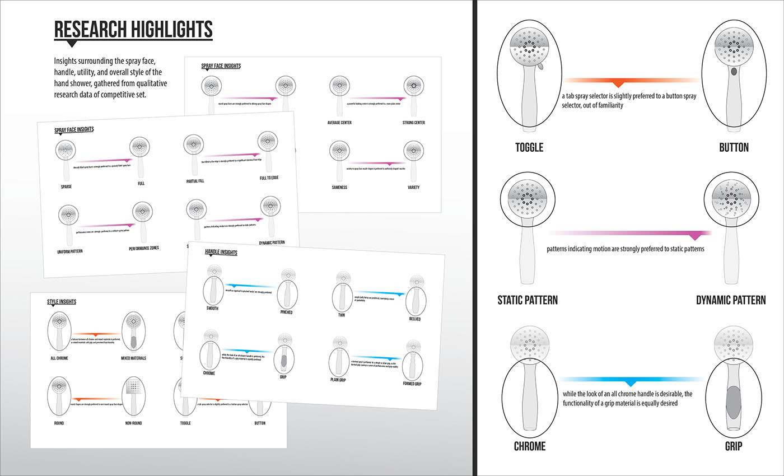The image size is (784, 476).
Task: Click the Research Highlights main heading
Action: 133,29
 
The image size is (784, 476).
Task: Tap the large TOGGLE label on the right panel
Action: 529,148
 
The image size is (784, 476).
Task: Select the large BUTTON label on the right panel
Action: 734,148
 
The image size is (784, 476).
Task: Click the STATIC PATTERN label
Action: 528,300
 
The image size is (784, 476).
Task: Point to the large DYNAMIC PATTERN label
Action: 730,300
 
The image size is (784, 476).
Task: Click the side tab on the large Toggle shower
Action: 542,67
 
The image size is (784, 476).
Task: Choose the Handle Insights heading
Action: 221,253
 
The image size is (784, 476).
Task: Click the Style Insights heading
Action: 62,302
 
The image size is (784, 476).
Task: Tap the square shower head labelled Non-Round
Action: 134,387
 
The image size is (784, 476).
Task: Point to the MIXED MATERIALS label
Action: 133,358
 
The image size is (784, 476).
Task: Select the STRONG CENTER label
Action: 412,122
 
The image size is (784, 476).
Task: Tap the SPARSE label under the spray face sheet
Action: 67,186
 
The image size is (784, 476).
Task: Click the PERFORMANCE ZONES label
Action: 144,248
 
